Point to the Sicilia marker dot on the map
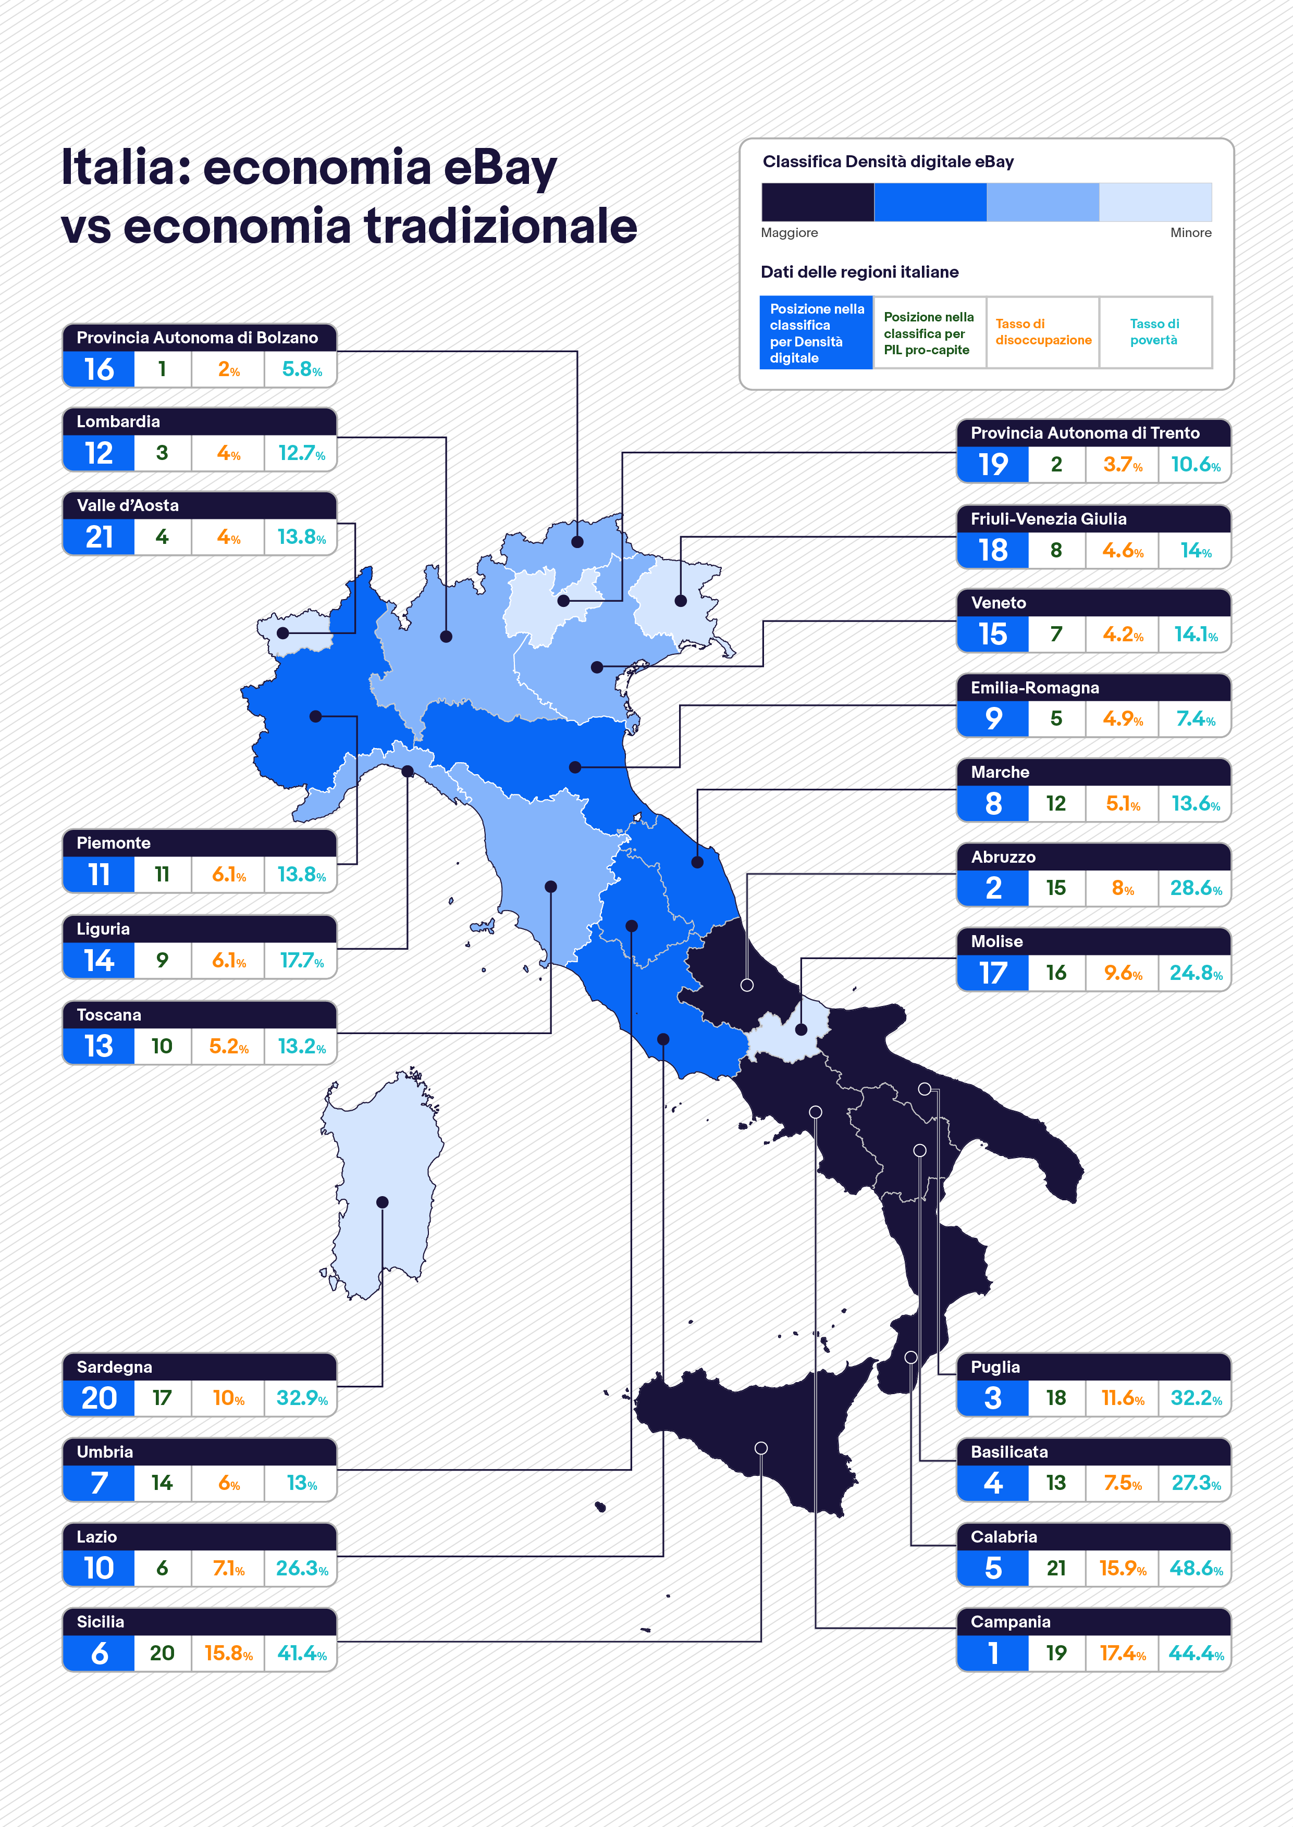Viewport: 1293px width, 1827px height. pyautogui.click(x=761, y=1448)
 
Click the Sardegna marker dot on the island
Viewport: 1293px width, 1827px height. pyautogui.click(x=382, y=1202)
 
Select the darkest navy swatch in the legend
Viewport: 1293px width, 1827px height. pyautogui.click(x=818, y=202)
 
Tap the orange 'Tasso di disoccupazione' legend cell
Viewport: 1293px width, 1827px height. pyautogui.click(x=1043, y=332)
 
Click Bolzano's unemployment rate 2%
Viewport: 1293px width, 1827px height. pyautogui.click(x=228, y=370)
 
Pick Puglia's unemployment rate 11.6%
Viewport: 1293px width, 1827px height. pyautogui.click(x=1123, y=1398)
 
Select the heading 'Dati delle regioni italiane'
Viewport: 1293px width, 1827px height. pyautogui.click(x=859, y=272)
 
